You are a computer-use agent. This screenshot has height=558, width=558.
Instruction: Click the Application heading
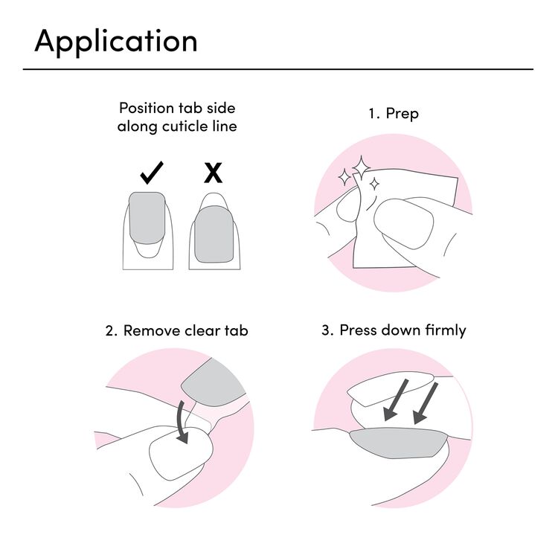pos(116,42)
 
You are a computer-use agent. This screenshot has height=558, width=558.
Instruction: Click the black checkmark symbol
pos(152,173)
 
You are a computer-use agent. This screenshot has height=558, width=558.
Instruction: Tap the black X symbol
pos(214,173)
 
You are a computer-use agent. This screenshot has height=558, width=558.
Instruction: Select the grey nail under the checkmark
pos(147,218)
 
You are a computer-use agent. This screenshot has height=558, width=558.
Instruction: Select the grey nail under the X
pos(214,234)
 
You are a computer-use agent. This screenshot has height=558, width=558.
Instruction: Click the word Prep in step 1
pos(402,115)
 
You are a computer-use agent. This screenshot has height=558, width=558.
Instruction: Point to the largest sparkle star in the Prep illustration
pos(361,168)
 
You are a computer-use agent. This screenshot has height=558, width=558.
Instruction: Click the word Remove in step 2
pos(152,330)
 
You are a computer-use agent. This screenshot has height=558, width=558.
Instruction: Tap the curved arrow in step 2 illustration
pos(183,423)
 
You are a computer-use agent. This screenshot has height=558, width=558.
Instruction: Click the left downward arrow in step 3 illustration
pos(396,400)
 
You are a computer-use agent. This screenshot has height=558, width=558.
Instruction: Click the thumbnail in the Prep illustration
pos(403,223)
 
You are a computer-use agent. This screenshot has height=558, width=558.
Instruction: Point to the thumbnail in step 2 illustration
pos(181,452)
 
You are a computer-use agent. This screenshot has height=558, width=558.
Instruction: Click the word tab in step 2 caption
pos(237,330)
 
